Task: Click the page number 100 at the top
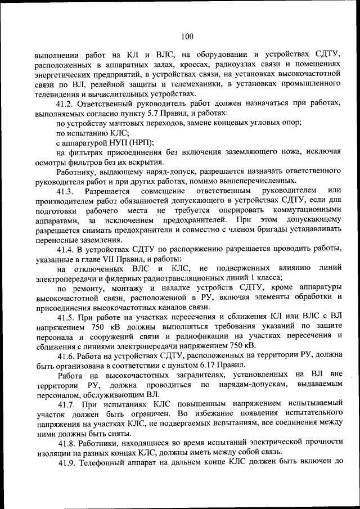pos(187,37)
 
